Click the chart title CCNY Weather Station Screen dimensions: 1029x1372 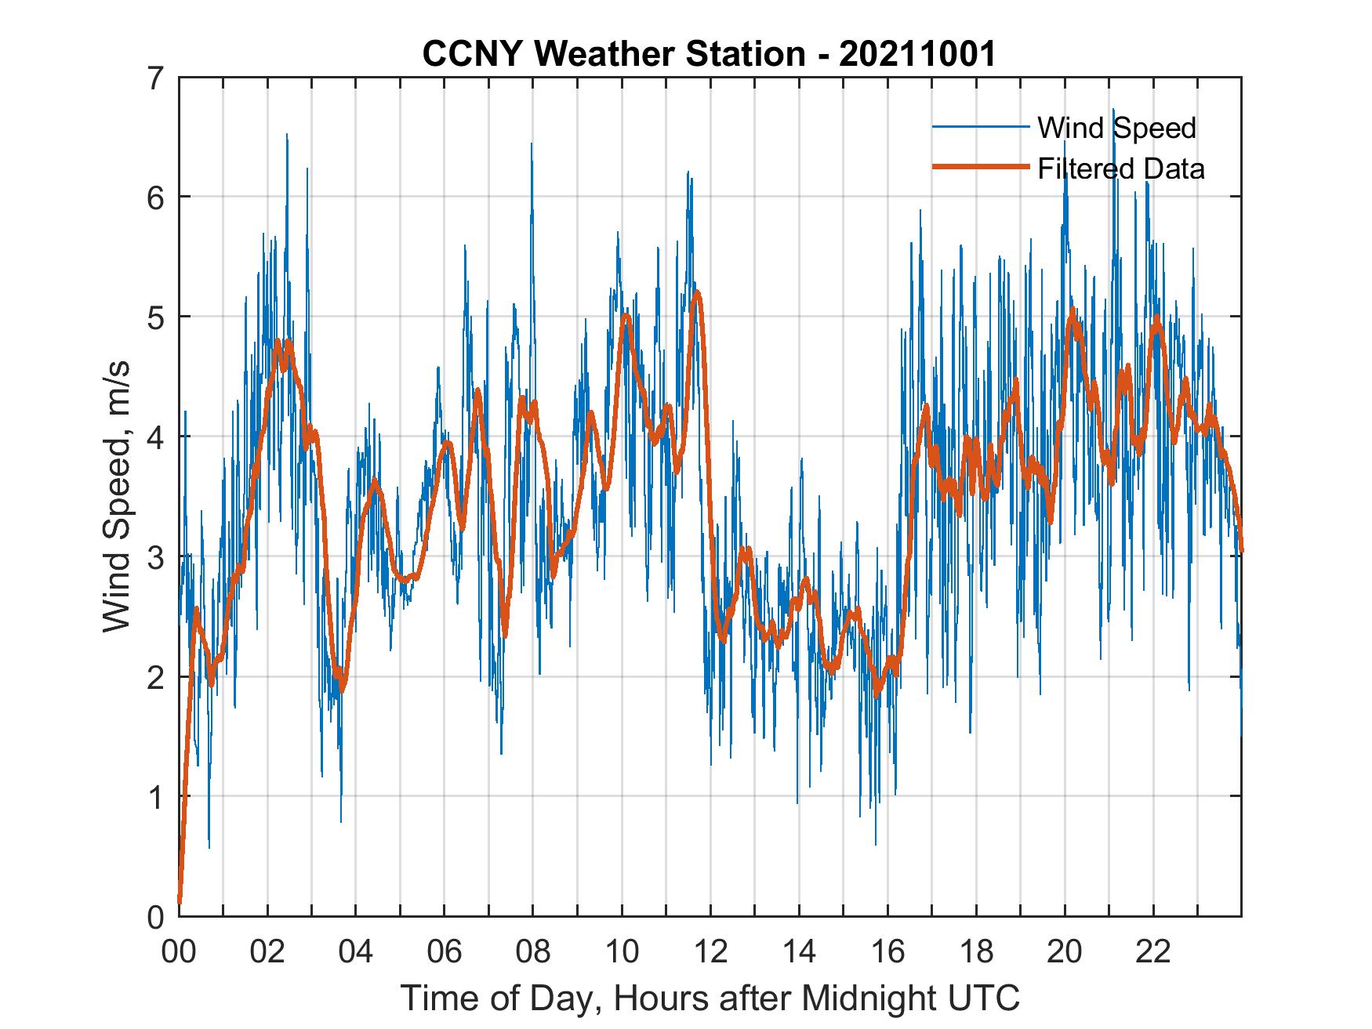(x=614, y=55)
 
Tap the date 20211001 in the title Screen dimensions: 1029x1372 (x=917, y=55)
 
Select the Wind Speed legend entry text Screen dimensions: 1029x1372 (x=1116, y=128)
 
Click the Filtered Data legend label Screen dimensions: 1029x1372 (x=1120, y=168)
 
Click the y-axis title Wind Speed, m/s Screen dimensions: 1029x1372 (x=116, y=498)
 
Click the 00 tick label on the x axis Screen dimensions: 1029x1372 (x=179, y=951)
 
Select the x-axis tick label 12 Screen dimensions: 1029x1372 (x=710, y=951)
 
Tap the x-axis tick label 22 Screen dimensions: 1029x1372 (x=1153, y=951)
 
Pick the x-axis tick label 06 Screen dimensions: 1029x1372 (x=445, y=951)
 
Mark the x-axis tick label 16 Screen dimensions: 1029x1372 (x=887, y=951)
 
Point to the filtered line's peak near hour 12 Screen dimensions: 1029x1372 (x=696, y=292)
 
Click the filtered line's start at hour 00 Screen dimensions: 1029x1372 (x=180, y=901)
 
